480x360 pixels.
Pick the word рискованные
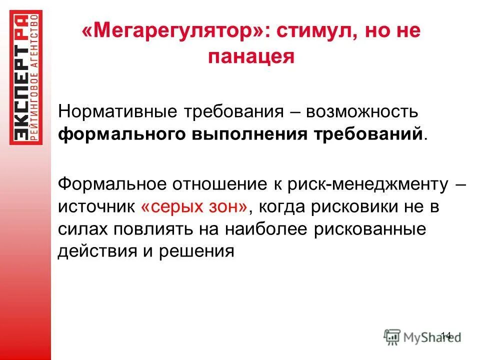pos(372,228)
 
